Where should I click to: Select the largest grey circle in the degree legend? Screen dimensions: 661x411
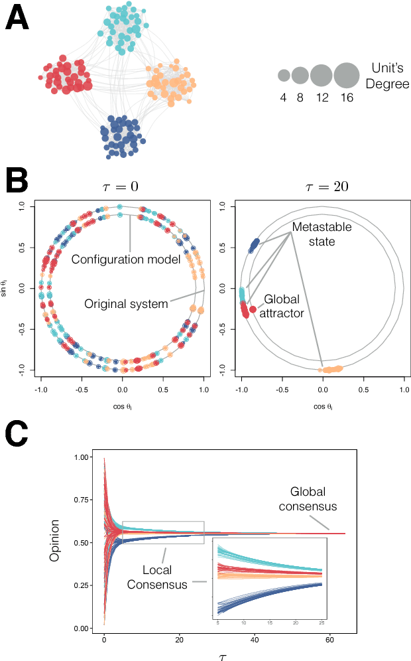pyautogui.click(x=345, y=75)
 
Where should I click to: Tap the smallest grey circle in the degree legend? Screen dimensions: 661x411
pyautogui.click(x=284, y=75)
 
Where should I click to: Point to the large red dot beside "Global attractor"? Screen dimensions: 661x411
pyautogui.click(x=253, y=309)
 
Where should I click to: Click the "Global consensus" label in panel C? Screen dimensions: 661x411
pyautogui.click(x=314, y=499)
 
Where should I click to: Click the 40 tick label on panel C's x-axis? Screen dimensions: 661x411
pyautogui.click(x=255, y=638)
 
